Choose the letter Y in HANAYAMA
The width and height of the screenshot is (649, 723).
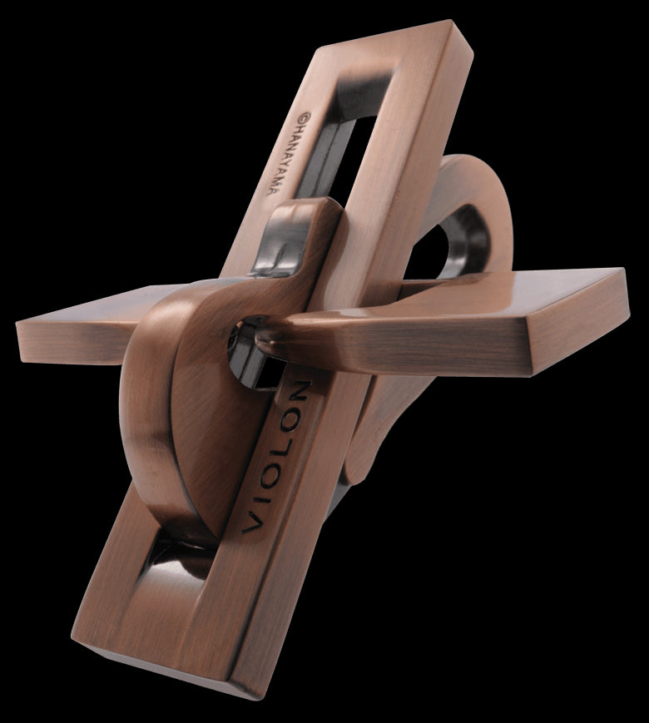(277, 162)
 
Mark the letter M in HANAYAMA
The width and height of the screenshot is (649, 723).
(271, 178)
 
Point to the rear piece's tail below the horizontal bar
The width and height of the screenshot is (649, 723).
(366, 441)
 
